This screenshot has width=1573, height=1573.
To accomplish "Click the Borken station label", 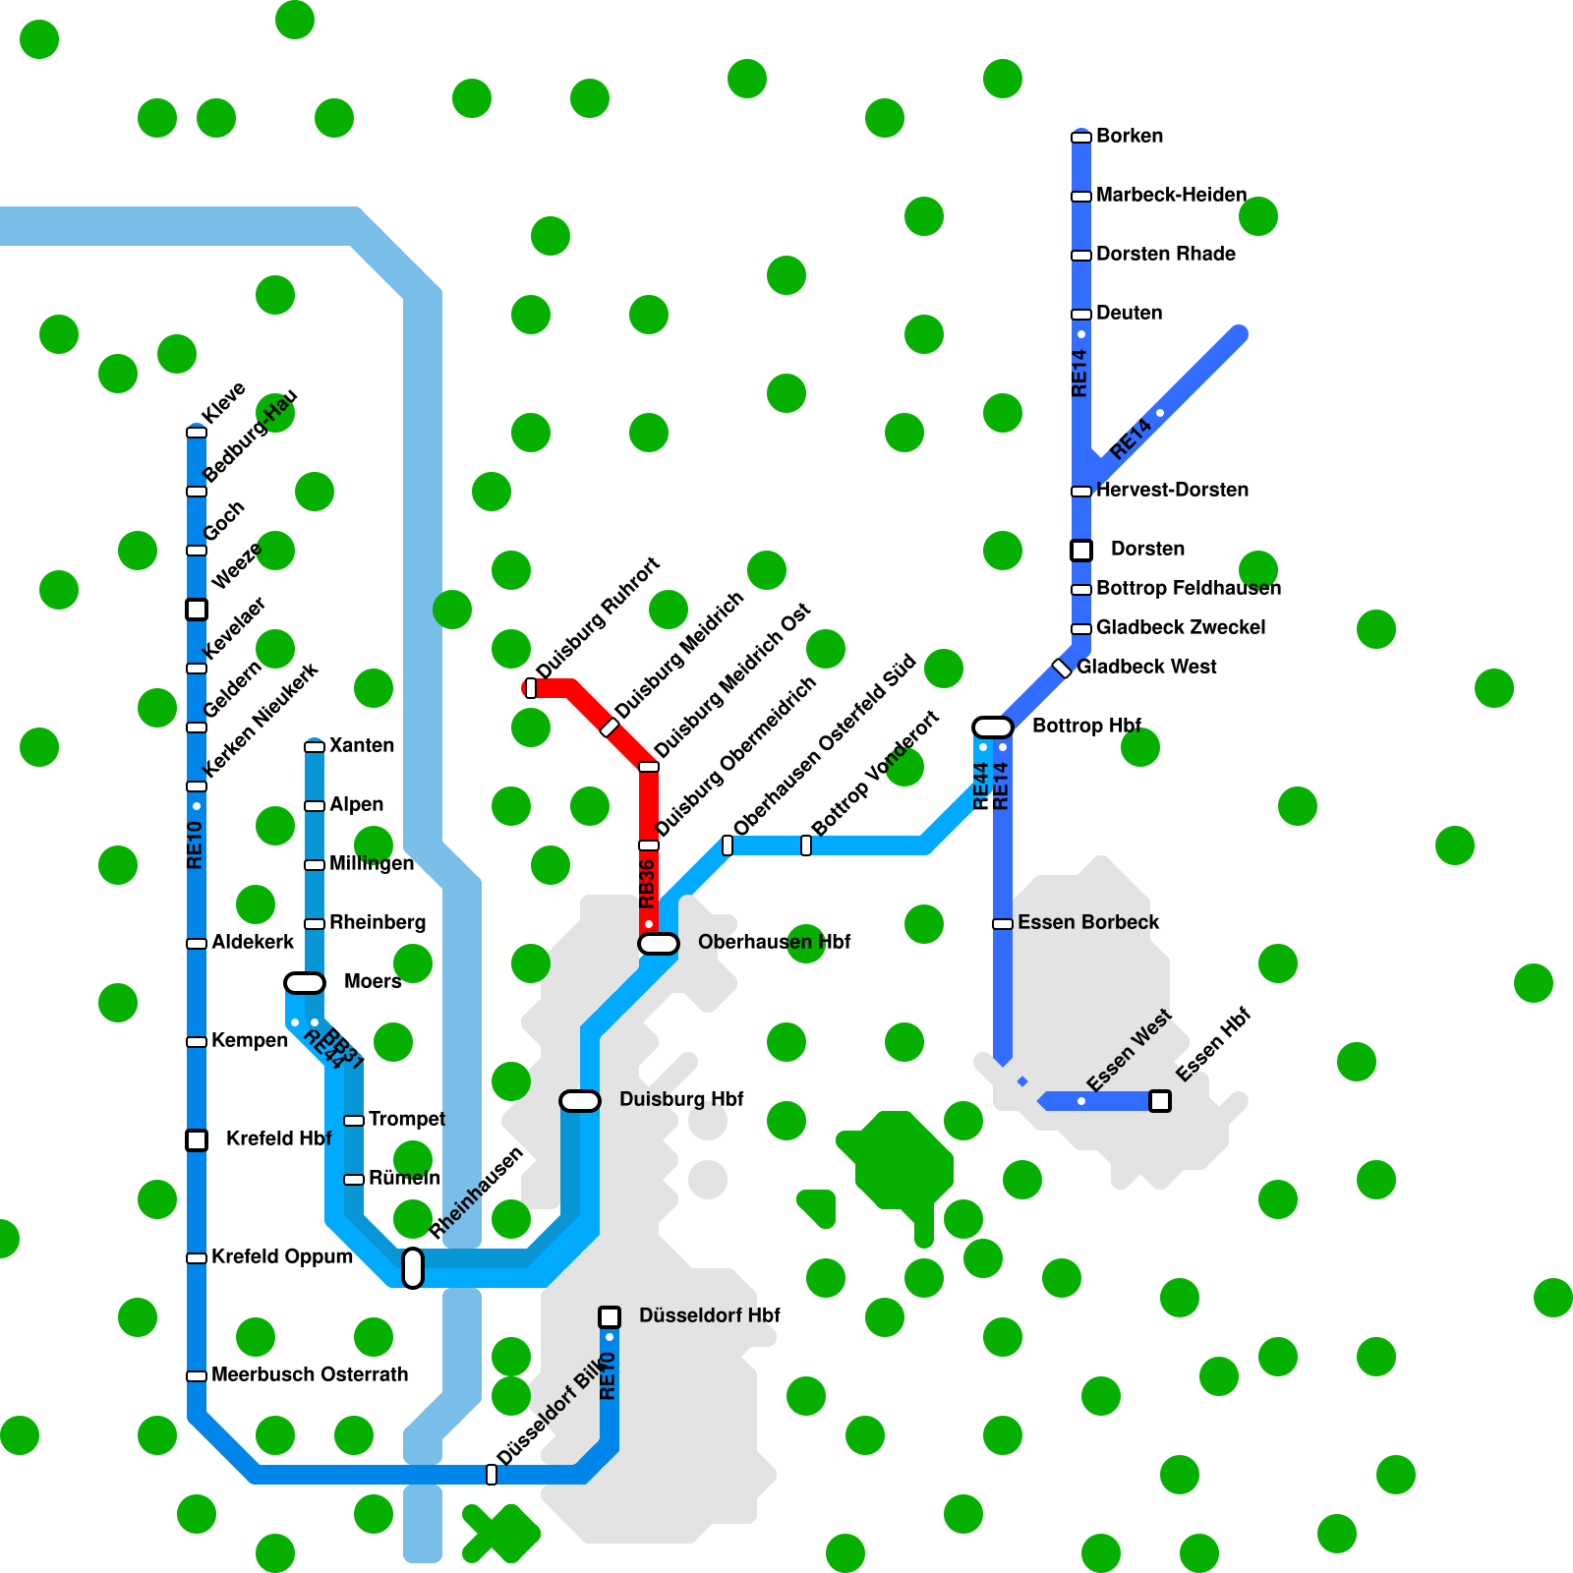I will click(1130, 136).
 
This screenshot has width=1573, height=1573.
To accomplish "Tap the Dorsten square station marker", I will click(1081, 551).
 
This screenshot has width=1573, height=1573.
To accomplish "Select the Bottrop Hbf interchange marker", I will click(993, 728).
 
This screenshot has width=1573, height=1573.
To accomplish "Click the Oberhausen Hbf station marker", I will click(659, 944).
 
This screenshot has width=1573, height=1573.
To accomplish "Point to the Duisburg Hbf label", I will click(681, 1099).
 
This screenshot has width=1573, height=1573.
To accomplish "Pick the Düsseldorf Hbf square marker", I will click(610, 1316).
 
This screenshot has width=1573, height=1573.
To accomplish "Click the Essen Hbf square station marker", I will click(1160, 1101).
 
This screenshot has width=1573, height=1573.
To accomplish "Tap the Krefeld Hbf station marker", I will click(197, 1140).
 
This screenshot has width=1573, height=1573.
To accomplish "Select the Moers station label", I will click(373, 981).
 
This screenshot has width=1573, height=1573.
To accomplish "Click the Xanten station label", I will click(362, 745).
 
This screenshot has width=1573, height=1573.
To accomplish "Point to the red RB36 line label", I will click(647, 883).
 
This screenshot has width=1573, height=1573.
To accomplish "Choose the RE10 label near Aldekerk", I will click(195, 845).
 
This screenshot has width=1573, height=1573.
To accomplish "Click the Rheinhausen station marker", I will click(413, 1268).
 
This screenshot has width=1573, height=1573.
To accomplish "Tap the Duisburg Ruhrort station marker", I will click(531, 688).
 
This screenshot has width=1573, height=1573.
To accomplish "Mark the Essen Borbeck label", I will click(1088, 922).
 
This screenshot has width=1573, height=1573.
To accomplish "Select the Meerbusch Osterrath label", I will click(310, 1374).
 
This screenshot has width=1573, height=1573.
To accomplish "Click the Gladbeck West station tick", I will click(1062, 669).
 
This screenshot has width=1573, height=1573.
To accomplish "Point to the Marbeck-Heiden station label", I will click(1171, 195).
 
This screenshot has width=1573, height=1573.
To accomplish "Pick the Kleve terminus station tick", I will click(197, 433).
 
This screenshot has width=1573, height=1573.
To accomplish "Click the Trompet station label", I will click(406, 1119).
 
